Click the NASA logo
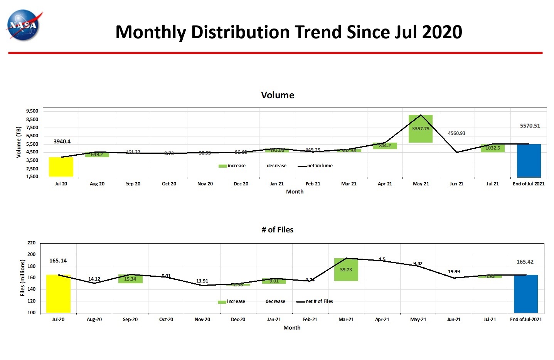[x=24, y=25]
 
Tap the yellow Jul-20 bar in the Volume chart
[x=61, y=167]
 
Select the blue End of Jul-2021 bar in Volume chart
[x=529, y=160]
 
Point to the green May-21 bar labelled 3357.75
[x=420, y=129]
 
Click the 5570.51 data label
[x=530, y=126]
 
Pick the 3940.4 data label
[x=62, y=141]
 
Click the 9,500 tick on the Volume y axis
[x=32, y=111]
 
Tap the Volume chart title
[x=277, y=95]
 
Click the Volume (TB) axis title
[x=19, y=142]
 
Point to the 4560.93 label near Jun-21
[x=456, y=133]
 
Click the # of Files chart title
[x=277, y=230]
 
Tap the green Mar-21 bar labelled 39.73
[x=346, y=269]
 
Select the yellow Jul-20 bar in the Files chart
[x=58, y=293]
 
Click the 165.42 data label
[x=525, y=262]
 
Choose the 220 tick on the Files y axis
[x=32, y=243]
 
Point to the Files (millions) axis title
[x=22, y=278]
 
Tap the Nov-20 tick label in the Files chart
[x=202, y=320]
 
